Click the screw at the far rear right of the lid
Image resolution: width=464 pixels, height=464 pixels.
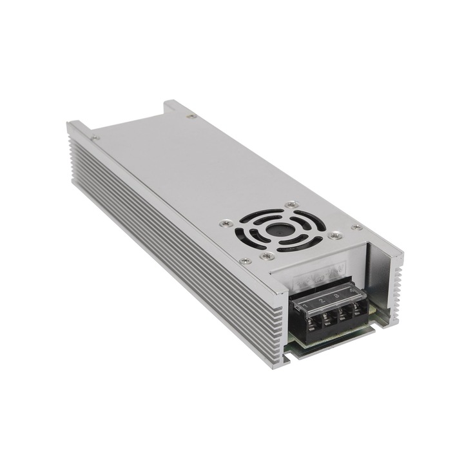coord(189,117)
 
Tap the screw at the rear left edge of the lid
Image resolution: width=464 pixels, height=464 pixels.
coord(96,137)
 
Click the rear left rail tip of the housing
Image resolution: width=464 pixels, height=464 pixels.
coord(74,124)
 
